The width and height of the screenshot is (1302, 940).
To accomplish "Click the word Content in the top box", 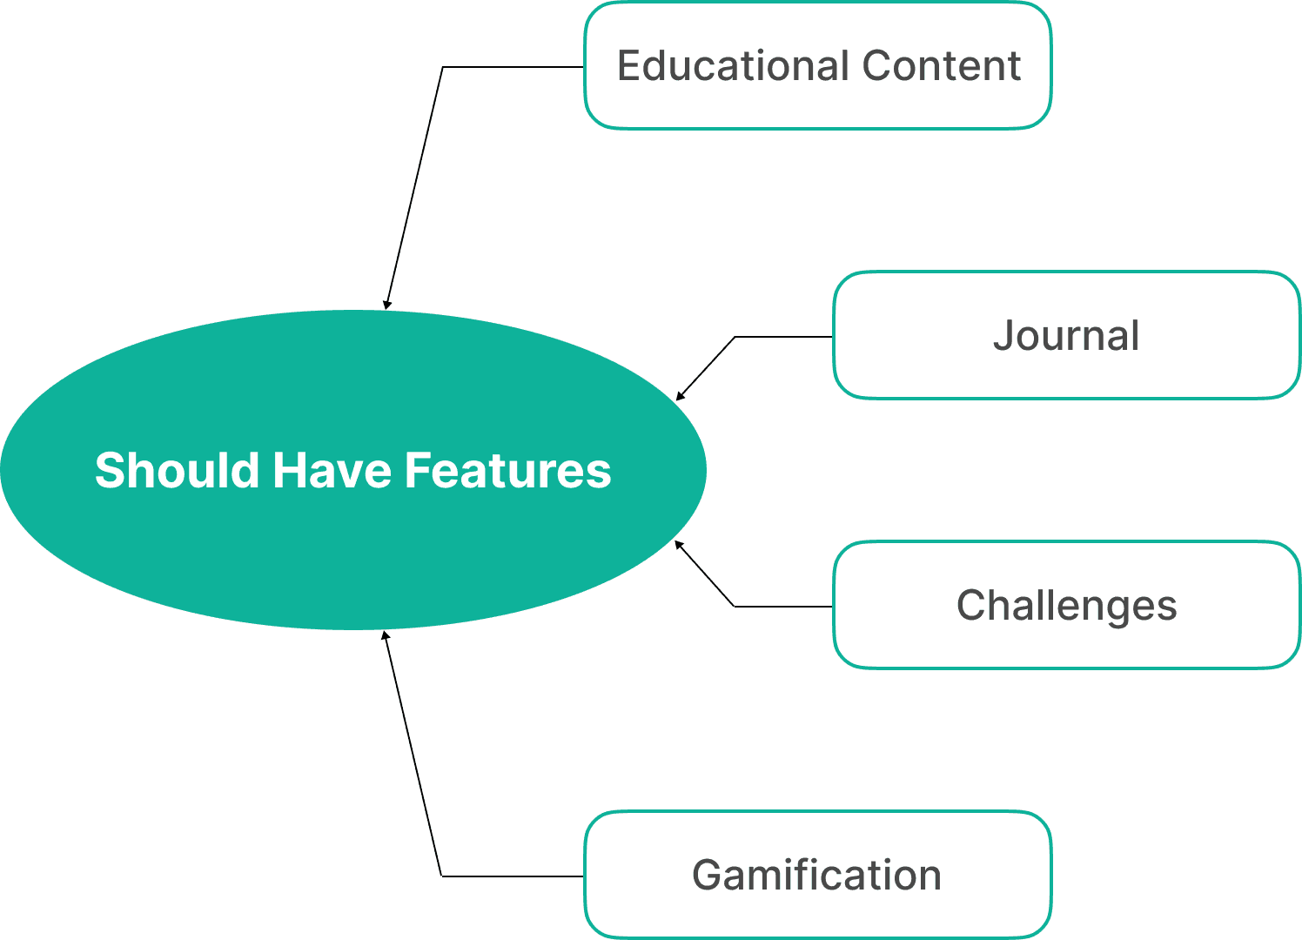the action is pos(942,66).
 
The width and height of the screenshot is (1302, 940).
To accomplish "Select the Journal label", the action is pos(1066,336).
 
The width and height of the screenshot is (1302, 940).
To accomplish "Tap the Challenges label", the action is pos(1066,606).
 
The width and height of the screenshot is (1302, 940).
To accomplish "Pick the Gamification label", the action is pos(816,876).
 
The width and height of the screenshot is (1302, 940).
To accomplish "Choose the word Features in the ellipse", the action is pos(507,471).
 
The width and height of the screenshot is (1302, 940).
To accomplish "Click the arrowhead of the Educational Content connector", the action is pos(386,305).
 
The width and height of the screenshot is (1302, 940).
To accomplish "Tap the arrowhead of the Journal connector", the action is pos(680,397).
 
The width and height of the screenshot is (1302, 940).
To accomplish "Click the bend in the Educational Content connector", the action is pos(443,67).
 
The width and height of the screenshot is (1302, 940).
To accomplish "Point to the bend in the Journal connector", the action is pos(735,337).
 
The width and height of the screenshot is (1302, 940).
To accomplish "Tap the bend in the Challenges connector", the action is pos(735,607).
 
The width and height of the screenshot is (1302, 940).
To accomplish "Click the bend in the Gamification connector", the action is pos(441,876).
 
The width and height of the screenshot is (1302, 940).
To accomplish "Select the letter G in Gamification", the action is pos(708,876).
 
